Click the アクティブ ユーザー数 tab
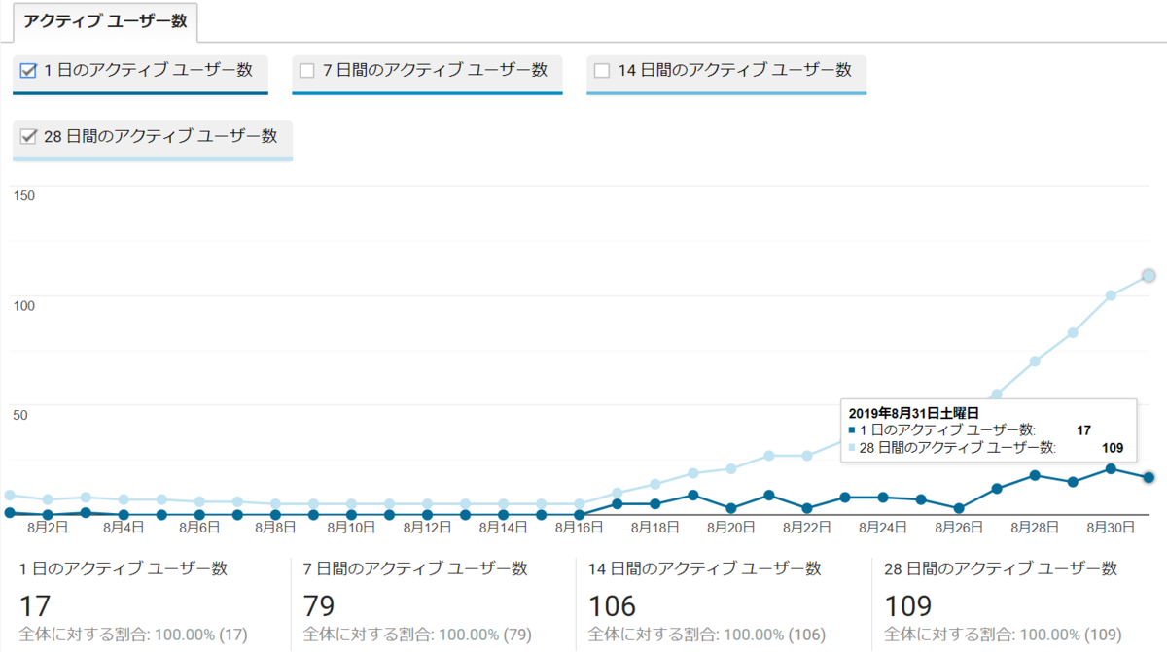(105, 21)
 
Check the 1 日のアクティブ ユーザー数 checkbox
(28, 70)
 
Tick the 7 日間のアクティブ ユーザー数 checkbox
(307, 70)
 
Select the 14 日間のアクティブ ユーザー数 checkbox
(602, 70)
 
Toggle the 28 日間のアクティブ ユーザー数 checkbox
(28, 137)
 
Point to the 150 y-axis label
(22, 196)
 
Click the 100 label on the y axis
(22, 306)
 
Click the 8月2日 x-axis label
(48, 528)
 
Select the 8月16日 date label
(579, 528)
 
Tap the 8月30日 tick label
(1111, 528)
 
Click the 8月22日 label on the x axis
(806, 528)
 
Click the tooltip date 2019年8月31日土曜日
(913, 413)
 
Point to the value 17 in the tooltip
(1083, 429)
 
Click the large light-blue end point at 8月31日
(1149, 276)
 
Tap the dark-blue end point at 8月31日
(1149, 477)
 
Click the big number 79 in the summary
(319, 606)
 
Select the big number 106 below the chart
(612, 606)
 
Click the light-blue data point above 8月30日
(1111, 295)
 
